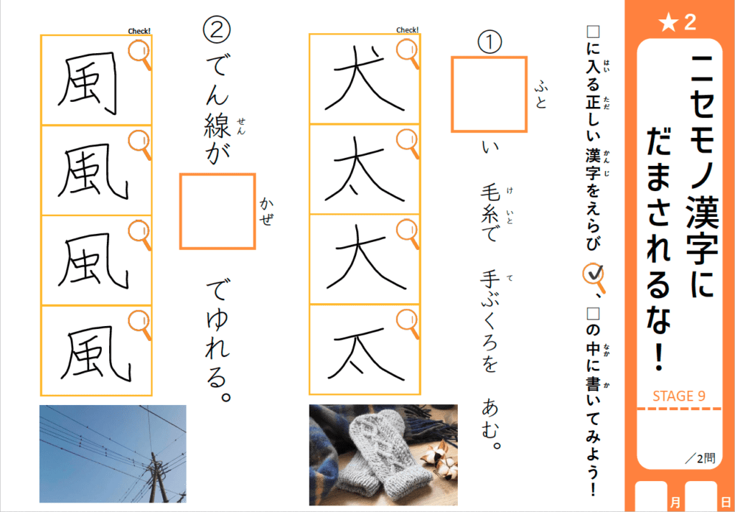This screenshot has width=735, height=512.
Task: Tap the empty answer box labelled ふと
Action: point(490,94)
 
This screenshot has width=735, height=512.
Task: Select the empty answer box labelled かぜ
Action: point(217,211)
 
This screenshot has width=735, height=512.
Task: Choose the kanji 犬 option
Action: point(363,80)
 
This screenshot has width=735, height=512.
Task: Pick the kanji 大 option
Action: point(363,259)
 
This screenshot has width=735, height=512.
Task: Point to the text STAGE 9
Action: point(679,396)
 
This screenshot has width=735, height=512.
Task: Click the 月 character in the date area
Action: point(675,502)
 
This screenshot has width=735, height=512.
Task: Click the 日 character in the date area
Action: point(726,502)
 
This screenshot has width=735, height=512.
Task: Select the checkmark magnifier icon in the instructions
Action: point(594,278)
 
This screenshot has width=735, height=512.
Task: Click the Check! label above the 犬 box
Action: point(408,30)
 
